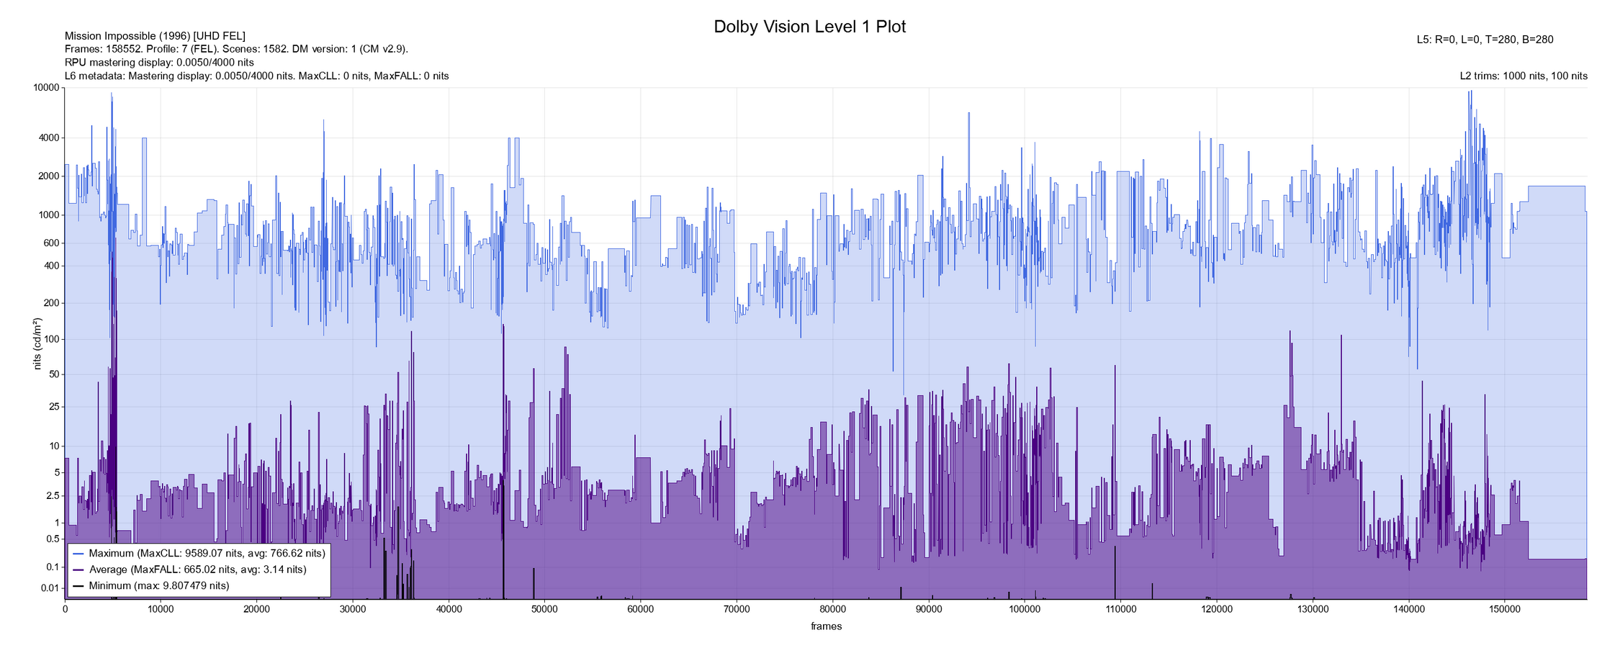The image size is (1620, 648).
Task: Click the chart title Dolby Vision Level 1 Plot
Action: [809, 27]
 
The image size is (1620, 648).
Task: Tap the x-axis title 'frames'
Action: [826, 626]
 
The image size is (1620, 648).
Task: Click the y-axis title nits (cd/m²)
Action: [37, 343]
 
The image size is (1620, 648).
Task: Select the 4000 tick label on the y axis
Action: [48, 138]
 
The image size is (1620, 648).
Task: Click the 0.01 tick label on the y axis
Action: [49, 588]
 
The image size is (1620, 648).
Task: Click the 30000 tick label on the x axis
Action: [352, 609]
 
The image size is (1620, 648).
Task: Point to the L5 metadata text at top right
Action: [1485, 40]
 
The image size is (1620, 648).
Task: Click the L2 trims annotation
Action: [1524, 76]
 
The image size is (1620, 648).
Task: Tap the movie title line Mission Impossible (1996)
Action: [155, 36]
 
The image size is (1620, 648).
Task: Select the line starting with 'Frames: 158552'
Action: [236, 49]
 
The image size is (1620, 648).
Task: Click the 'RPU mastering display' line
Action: [159, 62]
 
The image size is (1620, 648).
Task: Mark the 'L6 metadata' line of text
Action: [256, 76]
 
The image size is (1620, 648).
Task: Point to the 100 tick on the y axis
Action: [50, 339]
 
